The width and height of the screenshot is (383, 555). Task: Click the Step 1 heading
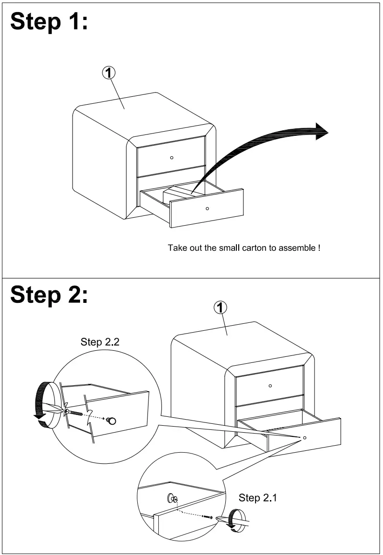pos(49,22)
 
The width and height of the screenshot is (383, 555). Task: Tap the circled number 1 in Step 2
pos(220,308)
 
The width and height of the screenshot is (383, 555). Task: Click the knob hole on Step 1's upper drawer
pos(172,158)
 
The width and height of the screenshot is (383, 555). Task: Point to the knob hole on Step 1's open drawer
pos(207,208)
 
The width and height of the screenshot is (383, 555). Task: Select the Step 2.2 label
pos(100,342)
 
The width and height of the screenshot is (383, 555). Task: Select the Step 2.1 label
pos(258,498)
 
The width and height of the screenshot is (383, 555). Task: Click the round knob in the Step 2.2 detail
pos(111,421)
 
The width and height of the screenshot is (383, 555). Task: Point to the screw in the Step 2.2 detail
pos(76,412)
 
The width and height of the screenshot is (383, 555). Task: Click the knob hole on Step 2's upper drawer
pos(270,386)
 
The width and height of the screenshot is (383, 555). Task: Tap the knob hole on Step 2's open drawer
pos(305,438)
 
